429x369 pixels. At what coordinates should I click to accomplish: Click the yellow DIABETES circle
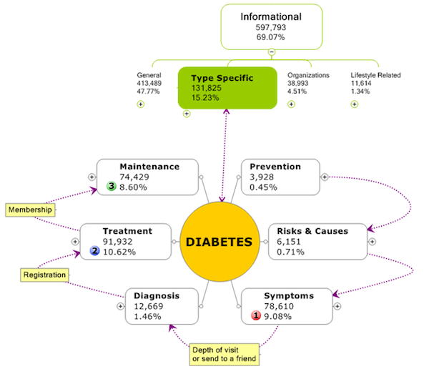click(220, 242)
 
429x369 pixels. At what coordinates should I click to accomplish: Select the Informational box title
click(272, 16)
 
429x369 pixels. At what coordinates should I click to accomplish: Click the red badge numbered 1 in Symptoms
click(255, 315)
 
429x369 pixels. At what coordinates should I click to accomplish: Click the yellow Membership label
click(31, 210)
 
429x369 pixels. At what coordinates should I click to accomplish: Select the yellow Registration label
click(44, 275)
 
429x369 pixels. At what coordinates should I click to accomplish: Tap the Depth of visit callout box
click(223, 353)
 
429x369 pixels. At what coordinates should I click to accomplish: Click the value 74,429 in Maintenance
click(139, 177)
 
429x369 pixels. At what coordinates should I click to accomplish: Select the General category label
click(150, 75)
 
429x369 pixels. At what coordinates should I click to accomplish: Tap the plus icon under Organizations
click(291, 104)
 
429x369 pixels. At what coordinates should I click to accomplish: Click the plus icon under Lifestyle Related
click(355, 104)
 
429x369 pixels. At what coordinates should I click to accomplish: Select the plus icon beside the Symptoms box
click(337, 306)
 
